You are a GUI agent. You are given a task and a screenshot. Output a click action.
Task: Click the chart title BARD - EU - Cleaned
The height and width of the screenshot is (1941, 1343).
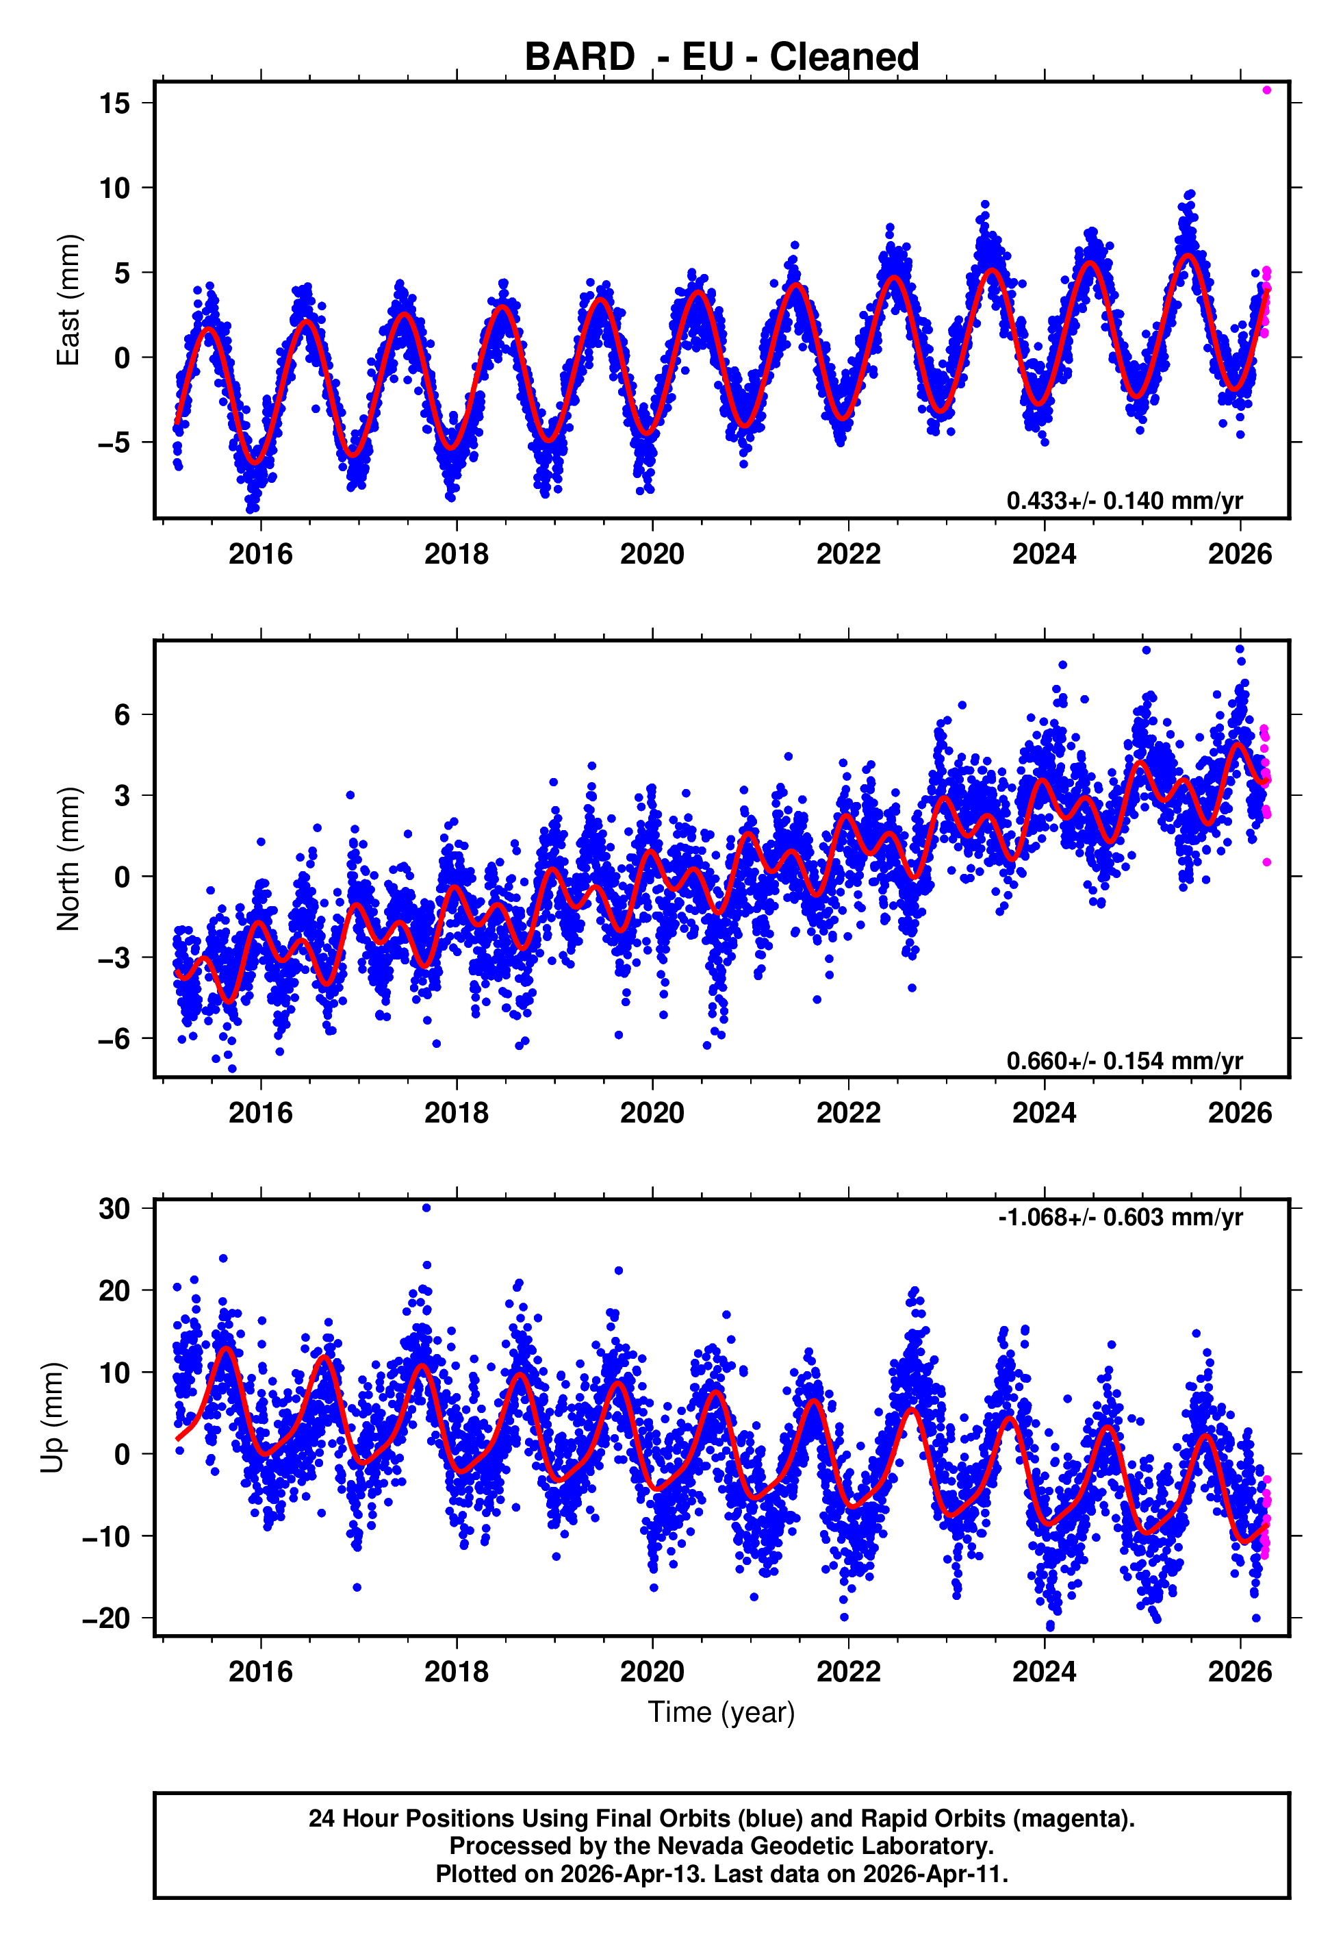(x=721, y=58)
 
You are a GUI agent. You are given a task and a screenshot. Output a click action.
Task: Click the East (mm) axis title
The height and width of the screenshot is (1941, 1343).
(x=68, y=300)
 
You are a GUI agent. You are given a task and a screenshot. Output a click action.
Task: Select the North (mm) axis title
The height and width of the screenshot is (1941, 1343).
(x=68, y=859)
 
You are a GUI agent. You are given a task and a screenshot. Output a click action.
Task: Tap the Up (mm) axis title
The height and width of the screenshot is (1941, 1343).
(x=52, y=1418)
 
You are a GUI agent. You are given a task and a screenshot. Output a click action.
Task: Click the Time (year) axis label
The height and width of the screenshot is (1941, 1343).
(x=721, y=1712)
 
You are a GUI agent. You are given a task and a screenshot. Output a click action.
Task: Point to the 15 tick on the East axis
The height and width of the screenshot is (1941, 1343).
(x=114, y=103)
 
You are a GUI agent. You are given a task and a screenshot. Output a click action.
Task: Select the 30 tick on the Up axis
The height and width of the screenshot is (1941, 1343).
(x=114, y=1209)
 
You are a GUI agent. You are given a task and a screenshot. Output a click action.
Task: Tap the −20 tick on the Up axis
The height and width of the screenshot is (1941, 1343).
(x=106, y=1618)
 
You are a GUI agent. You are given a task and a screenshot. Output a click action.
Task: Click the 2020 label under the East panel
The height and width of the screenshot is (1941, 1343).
(x=652, y=554)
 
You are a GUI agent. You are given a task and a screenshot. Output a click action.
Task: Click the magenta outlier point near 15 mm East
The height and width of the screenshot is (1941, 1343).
(x=1266, y=90)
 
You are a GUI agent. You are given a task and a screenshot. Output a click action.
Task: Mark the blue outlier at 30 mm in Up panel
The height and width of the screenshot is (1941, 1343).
(x=426, y=1208)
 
